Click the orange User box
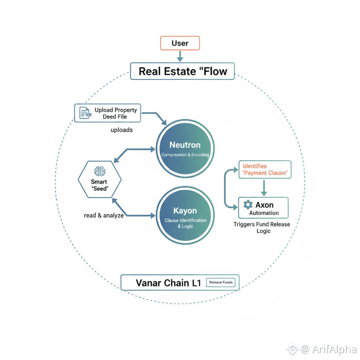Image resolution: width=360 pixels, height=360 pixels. coord(180,43)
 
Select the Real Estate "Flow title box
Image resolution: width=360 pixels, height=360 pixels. coord(183,71)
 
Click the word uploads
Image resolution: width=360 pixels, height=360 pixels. coord(122,130)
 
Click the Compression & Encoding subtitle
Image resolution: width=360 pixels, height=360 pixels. coord(185,155)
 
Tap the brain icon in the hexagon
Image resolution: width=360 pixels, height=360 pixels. coord(100,171)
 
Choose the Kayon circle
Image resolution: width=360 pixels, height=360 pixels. coord(185,215)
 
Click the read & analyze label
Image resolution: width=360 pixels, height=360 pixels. coord(104,215)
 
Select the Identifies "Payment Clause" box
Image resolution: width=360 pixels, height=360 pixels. coord(265,170)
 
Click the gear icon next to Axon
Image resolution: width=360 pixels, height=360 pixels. coord(248,204)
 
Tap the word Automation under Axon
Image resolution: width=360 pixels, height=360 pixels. coord(264,213)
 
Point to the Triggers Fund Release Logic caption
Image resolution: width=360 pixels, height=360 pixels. coord(262,227)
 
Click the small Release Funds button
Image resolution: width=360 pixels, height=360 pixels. coord(221,282)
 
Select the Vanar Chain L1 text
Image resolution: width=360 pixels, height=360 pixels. coord(168,283)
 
